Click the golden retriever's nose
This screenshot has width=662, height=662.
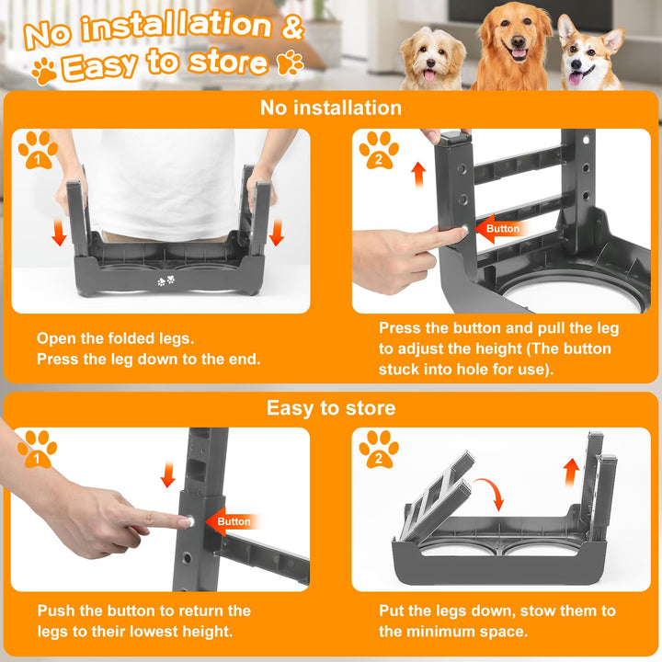[519, 41]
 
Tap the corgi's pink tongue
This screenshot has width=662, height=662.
[575, 78]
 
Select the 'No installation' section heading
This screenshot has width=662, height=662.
[331, 108]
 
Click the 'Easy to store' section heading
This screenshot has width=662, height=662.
[331, 408]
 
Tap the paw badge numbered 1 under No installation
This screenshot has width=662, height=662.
[38, 150]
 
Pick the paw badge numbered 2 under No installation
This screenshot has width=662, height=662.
[379, 150]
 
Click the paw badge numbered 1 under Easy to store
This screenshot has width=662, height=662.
[37, 449]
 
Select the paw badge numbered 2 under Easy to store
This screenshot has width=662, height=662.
[379, 449]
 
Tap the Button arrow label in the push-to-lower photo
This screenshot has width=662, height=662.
[232, 522]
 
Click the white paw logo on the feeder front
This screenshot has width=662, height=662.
[165, 280]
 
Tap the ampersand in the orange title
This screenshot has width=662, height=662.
[292, 26]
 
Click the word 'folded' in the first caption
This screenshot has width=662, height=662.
[131, 338]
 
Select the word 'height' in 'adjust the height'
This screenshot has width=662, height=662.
[498, 348]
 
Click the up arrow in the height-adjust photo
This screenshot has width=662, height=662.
[418, 175]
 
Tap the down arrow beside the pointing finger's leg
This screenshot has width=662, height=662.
[168, 474]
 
